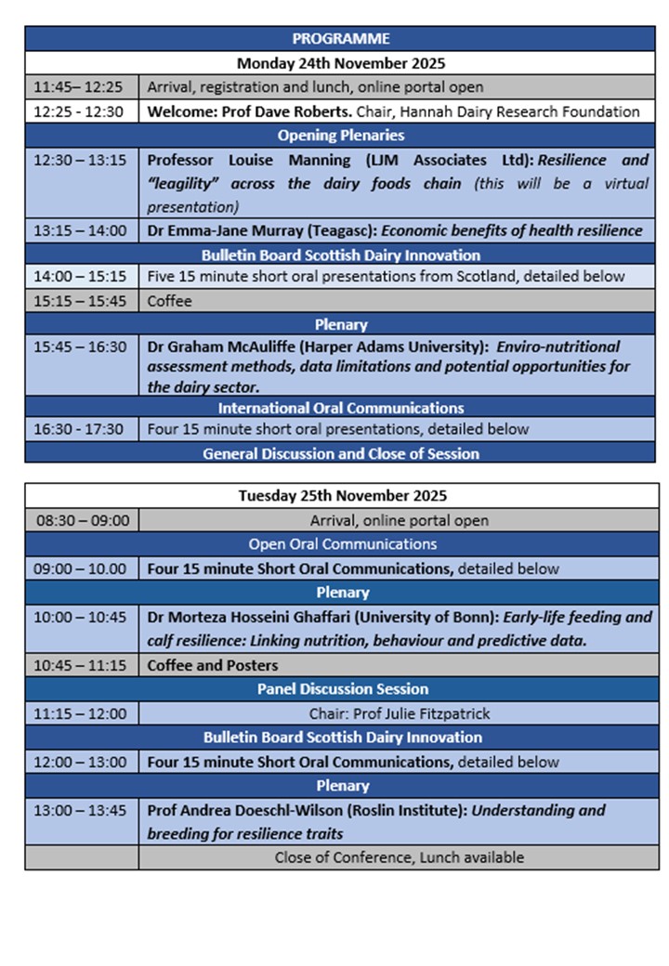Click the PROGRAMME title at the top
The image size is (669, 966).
(x=340, y=39)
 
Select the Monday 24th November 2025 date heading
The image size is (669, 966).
(x=340, y=63)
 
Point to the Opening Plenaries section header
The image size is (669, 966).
(x=340, y=136)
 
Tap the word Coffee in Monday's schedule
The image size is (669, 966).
(x=168, y=301)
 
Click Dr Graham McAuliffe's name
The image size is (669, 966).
(x=237, y=346)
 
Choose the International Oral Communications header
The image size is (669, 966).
(x=340, y=408)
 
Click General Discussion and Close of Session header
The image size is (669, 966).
(x=340, y=454)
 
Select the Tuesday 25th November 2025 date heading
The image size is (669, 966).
(x=340, y=496)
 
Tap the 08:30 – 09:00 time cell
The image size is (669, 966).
(x=82, y=520)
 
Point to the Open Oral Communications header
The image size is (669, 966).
(x=341, y=544)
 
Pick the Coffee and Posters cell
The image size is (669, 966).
(x=213, y=665)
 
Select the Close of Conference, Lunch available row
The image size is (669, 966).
(x=399, y=857)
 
